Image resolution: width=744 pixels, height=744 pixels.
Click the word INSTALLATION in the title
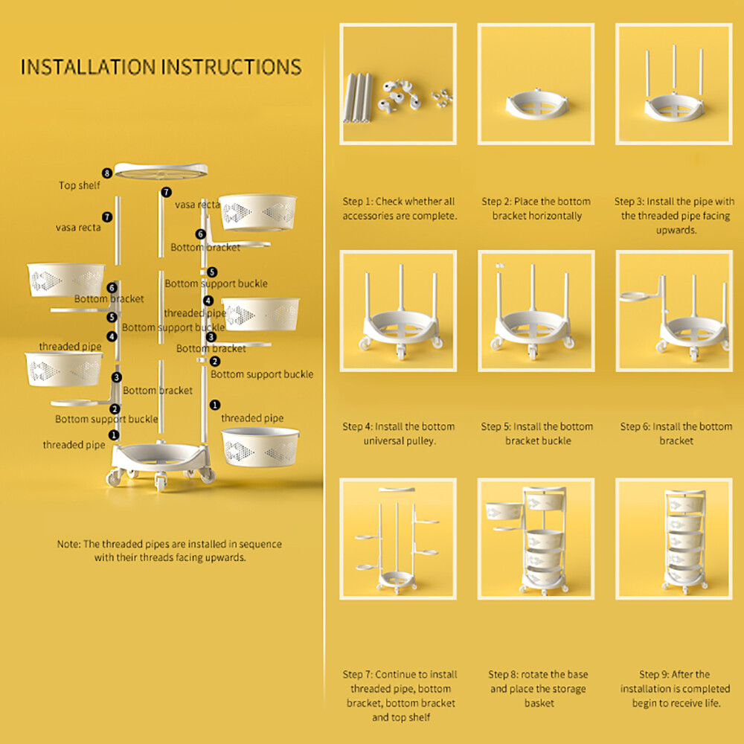point(88,66)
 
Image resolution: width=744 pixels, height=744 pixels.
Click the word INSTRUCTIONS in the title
point(231,66)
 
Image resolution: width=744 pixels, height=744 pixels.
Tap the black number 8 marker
point(108,173)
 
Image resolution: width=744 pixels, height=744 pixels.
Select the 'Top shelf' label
point(79,185)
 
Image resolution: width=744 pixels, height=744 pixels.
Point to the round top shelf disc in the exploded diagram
point(161,170)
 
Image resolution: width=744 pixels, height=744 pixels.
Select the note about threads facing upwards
point(170,551)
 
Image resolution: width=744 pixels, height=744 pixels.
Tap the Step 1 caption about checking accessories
point(398,208)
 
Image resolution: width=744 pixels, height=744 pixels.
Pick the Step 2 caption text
point(536,208)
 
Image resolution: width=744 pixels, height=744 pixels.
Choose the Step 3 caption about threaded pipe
point(674,216)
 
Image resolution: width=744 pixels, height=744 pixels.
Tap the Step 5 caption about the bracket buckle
point(536,434)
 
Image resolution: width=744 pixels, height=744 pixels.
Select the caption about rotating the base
point(538,688)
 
